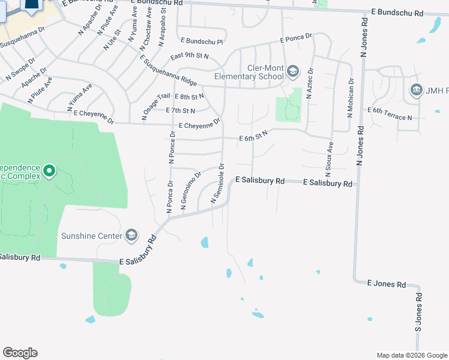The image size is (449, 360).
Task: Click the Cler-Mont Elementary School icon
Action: click(x=292, y=72)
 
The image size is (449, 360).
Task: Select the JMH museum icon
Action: click(x=417, y=91)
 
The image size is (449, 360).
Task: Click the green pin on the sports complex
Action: click(x=49, y=172)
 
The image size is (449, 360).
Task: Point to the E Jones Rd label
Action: click(x=386, y=284)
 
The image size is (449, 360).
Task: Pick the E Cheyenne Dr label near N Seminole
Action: click(x=200, y=124)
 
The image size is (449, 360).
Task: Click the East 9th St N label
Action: click(x=189, y=56)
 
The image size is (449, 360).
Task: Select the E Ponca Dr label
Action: click(x=296, y=38)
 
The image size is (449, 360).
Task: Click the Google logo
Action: click(x=20, y=353)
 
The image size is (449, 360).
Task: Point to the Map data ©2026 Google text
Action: click(x=411, y=355)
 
